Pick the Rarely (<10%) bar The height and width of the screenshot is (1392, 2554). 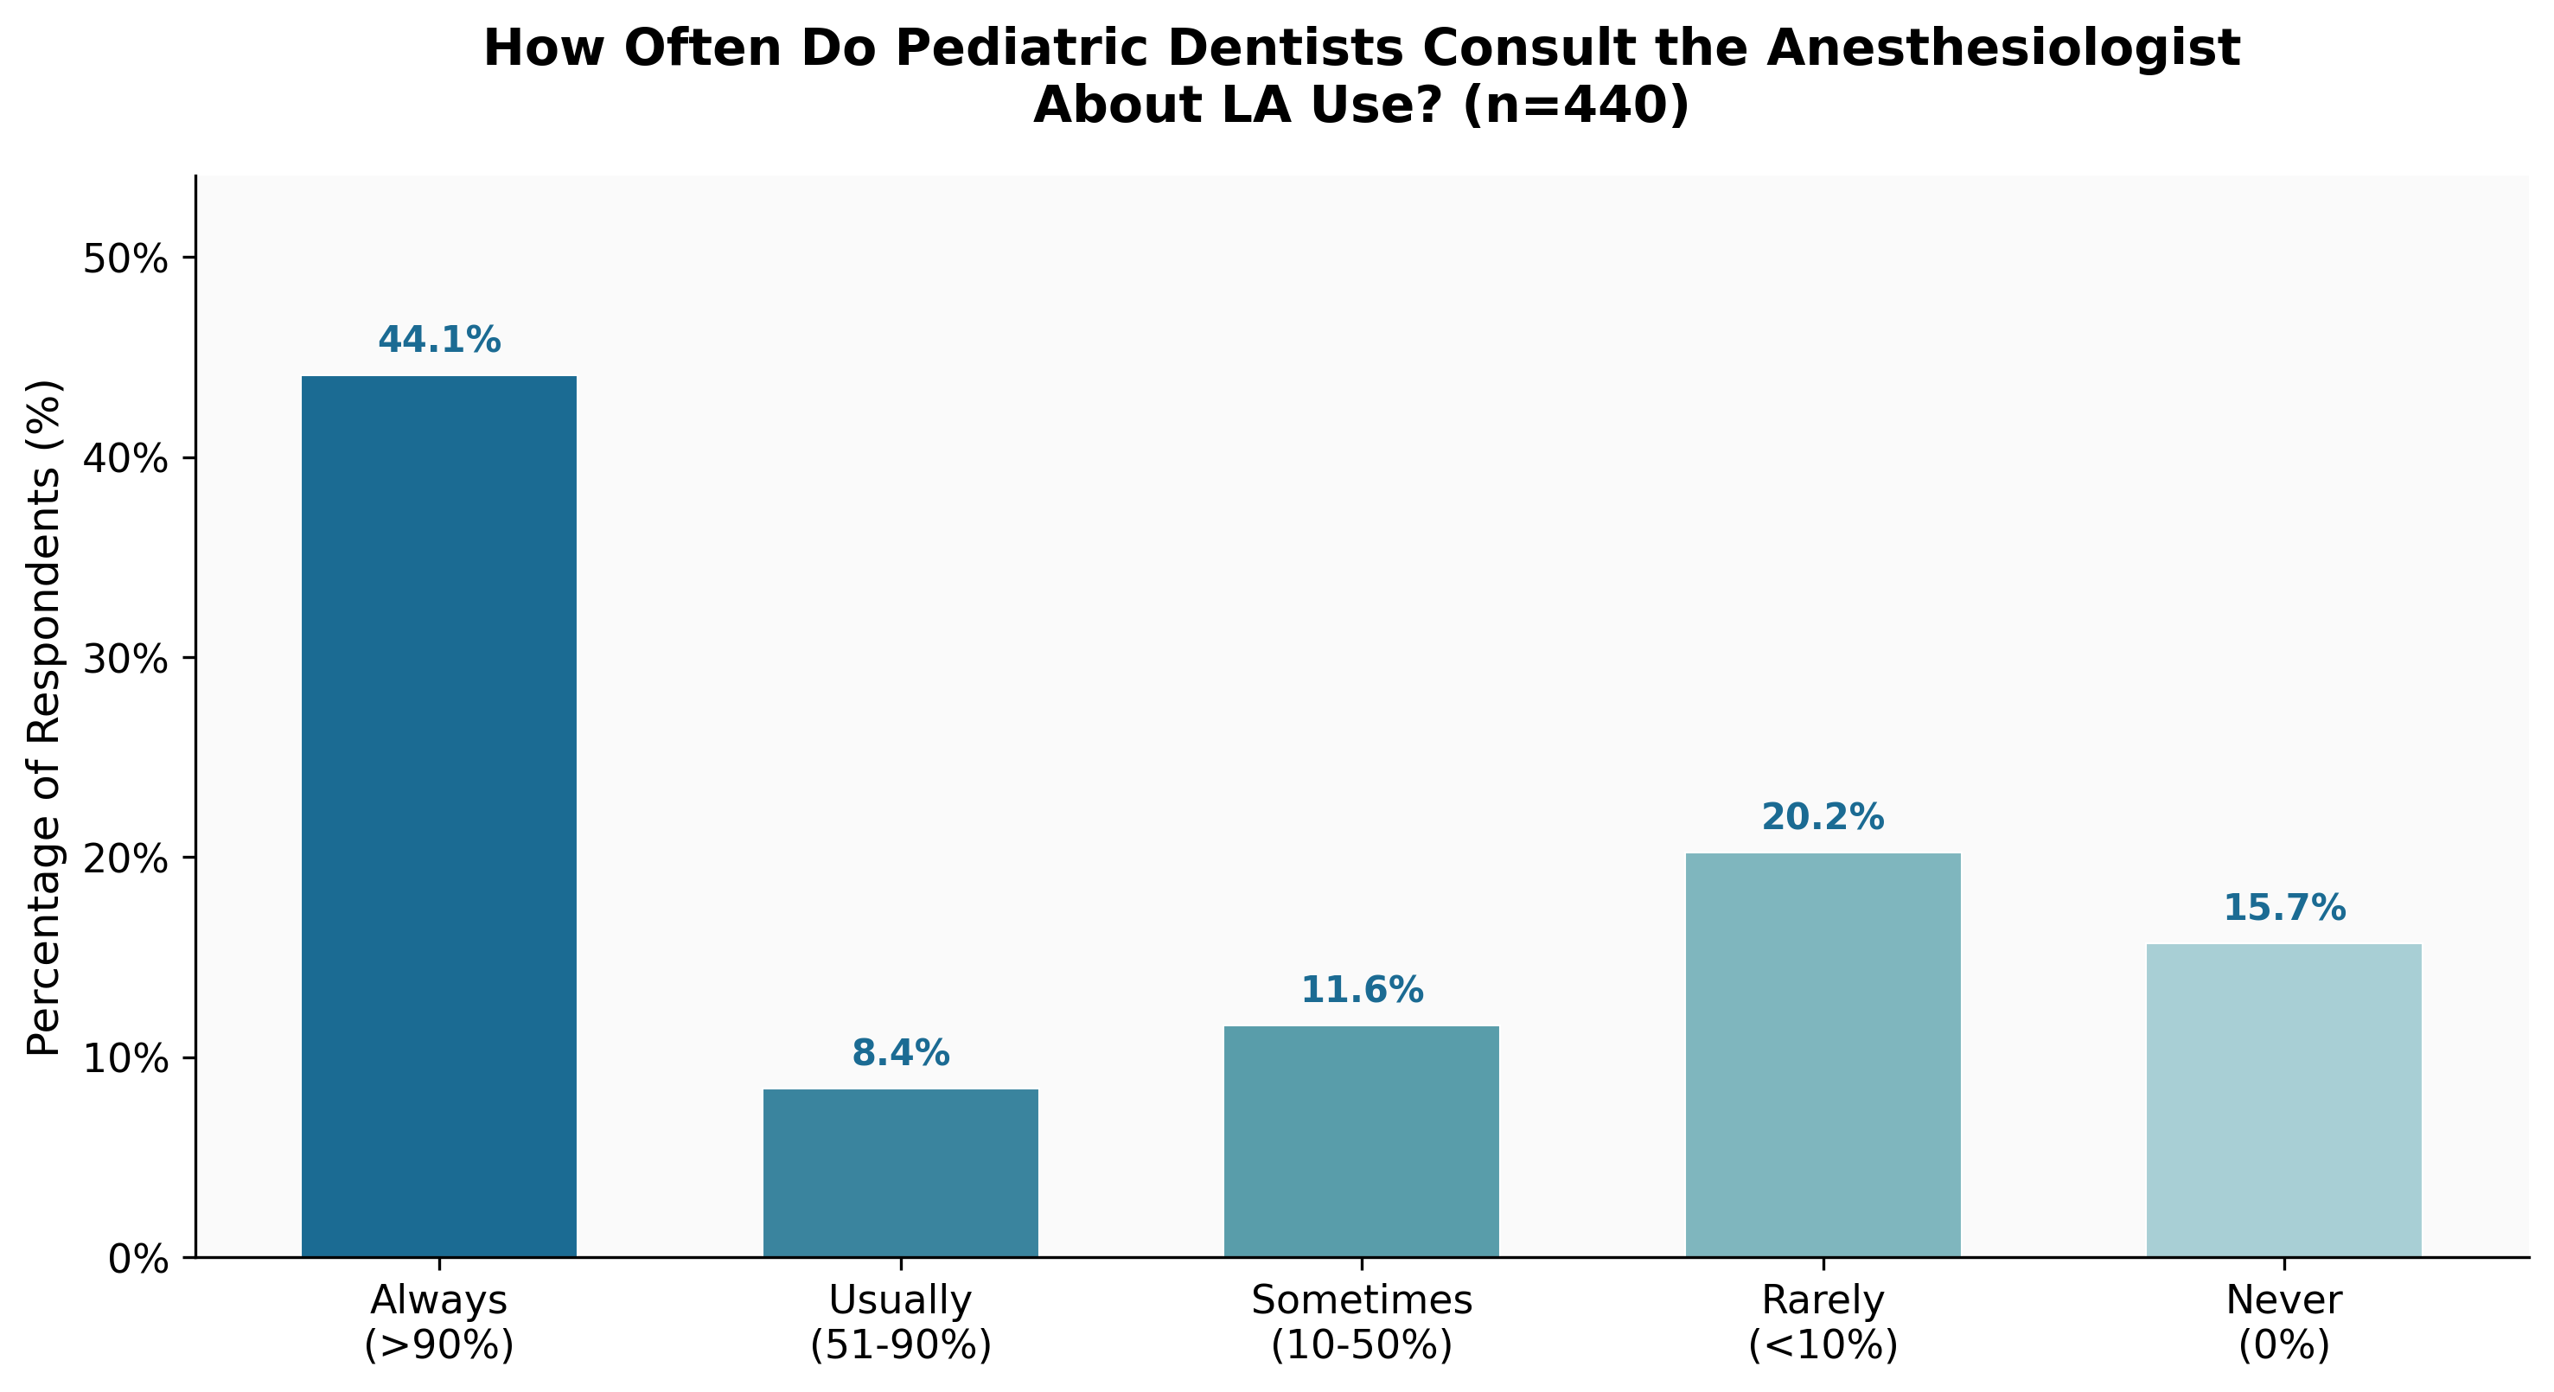click(1823, 1055)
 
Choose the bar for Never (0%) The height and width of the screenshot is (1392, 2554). click(2283, 1101)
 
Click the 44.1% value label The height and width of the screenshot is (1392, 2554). click(439, 340)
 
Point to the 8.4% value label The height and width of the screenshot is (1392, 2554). click(900, 1054)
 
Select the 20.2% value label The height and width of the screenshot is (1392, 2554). click(1823, 818)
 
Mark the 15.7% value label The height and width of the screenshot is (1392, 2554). click(2283, 908)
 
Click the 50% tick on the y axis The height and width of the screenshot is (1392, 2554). click(125, 259)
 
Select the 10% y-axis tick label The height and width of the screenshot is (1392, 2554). click(125, 1059)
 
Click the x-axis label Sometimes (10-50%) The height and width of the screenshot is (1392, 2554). click(1361, 1323)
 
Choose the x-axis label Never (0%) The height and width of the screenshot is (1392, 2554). click(2283, 1323)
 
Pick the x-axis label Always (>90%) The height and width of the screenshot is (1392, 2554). click(438, 1323)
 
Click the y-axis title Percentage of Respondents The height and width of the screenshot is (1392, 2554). click(45, 717)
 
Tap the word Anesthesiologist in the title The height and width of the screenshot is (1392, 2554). click(2002, 48)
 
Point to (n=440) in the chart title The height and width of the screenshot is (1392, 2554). click(1574, 105)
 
